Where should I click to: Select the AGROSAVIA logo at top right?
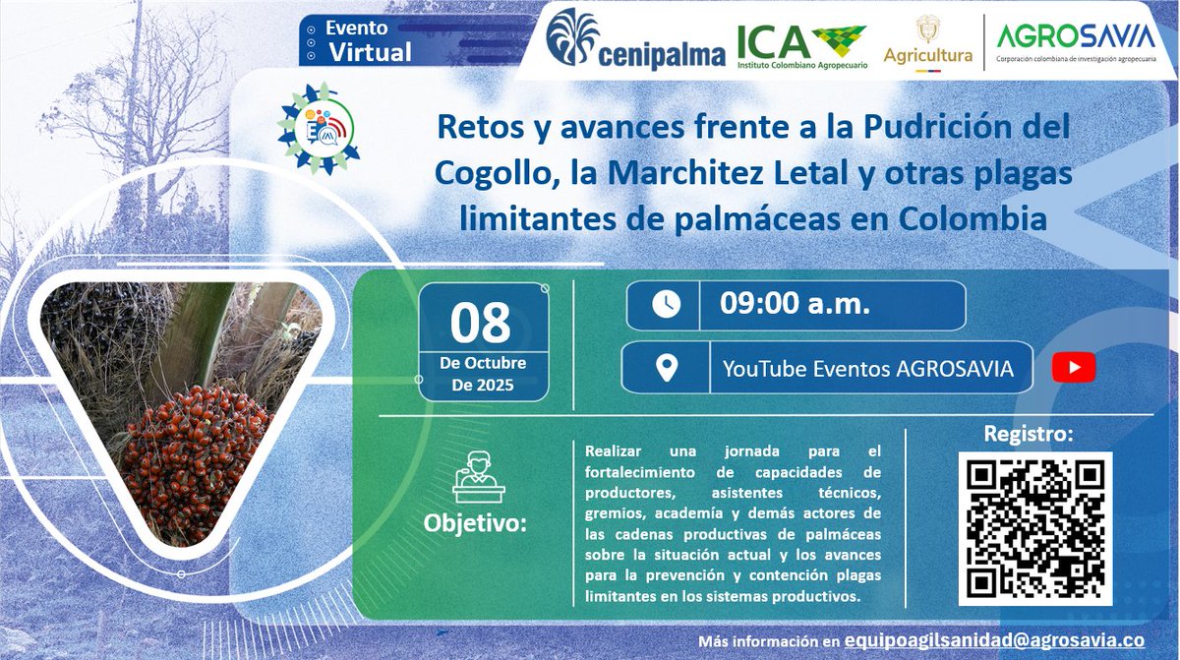tap(1075, 42)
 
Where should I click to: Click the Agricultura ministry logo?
tap(927, 44)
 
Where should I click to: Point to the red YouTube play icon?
tap(1073, 369)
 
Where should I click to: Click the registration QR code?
tap(1034, 528)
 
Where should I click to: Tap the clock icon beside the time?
tap(665, 305)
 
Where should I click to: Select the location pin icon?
tap(667, 369)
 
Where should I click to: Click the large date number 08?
tap(481, 322)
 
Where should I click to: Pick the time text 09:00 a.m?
tap(795, 305)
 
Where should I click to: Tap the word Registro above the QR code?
tap(1029, 434)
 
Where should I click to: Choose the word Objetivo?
tap(475, 522)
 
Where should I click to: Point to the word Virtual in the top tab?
tap(370, 53)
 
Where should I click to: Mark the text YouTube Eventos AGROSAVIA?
tap(868, 369)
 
